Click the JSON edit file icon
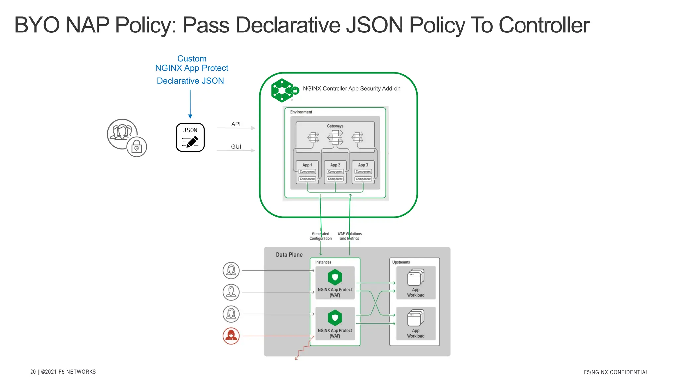190,137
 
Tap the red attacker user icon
231,336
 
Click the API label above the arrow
236,124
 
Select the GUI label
236,147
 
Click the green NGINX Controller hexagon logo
282,90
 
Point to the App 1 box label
307,165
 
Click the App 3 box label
363,165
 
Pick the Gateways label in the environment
335,126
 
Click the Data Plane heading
289,255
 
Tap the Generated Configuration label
320,236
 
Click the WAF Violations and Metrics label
349,236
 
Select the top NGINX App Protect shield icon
335,277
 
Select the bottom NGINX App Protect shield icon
335,318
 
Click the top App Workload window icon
416,277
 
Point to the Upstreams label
401,262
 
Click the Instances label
323,262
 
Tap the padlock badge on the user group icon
137,147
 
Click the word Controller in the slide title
544,25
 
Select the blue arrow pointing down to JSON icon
190,104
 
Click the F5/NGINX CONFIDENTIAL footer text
616,372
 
